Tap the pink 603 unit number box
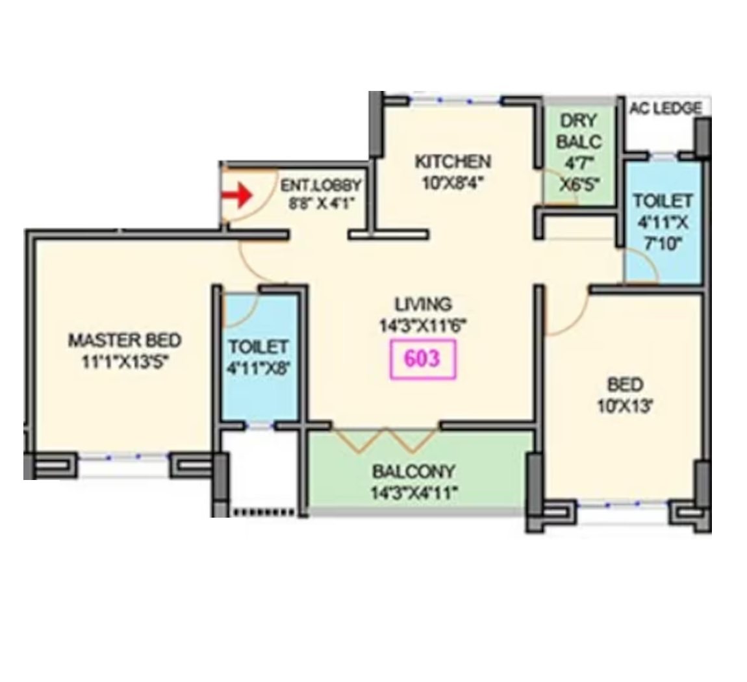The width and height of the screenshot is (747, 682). (x=423, y=360)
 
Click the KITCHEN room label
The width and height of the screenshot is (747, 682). (x=453, y=162)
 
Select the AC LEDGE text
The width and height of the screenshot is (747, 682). (x=665, y=108)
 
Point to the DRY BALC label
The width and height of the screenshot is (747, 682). (x=579, y=131)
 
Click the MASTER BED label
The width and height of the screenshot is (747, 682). (x=125, y=340)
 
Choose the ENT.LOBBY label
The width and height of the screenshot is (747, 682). (x=321, y=184)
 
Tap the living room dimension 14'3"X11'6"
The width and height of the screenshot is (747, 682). (x=423, y=326)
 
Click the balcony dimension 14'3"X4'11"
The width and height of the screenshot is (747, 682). (x=414, y=492)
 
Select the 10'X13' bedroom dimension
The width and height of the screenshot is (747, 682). (x=625, y=406)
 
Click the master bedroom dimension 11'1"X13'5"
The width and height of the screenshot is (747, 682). (x=125, y=362)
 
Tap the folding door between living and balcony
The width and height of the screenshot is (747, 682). (x=385, y=440)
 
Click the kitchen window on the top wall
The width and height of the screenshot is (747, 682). (x=455, y=101)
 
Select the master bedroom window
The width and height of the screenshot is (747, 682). (x=123, y=457)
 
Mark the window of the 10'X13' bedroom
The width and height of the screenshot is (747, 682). (x=623, y=505)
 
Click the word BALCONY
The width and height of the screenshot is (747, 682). (x=414, y=472)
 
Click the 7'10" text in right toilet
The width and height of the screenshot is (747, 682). (x=663, y=244)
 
